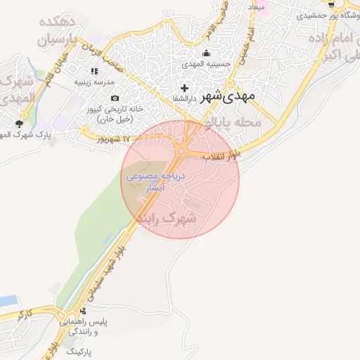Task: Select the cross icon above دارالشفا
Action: [x=184, y=88]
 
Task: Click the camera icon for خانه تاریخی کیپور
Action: [x=115, y=98]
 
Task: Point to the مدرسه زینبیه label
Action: [x=95, y=82]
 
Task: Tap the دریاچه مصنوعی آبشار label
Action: [x=155, y=182]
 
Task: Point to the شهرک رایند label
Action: [x=166, y=219]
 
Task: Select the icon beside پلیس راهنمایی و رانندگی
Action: [x=84, y=310]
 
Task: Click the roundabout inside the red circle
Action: [x=184, y=150]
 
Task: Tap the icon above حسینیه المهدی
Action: [x=207, y=53]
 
